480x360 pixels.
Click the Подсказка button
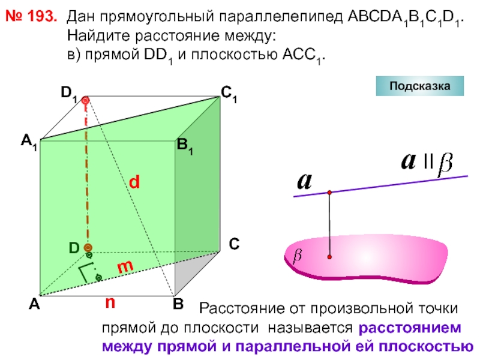pos(420,86)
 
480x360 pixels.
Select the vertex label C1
pos(228,94)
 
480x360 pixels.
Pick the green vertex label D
pos(74,248)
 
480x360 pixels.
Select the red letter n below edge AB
pos(110,303)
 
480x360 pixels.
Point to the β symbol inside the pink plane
pos(296,256)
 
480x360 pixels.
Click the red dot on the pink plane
pos(329,257)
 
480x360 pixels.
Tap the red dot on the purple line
pos(329,192)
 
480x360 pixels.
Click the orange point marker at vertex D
pos(88,248)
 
